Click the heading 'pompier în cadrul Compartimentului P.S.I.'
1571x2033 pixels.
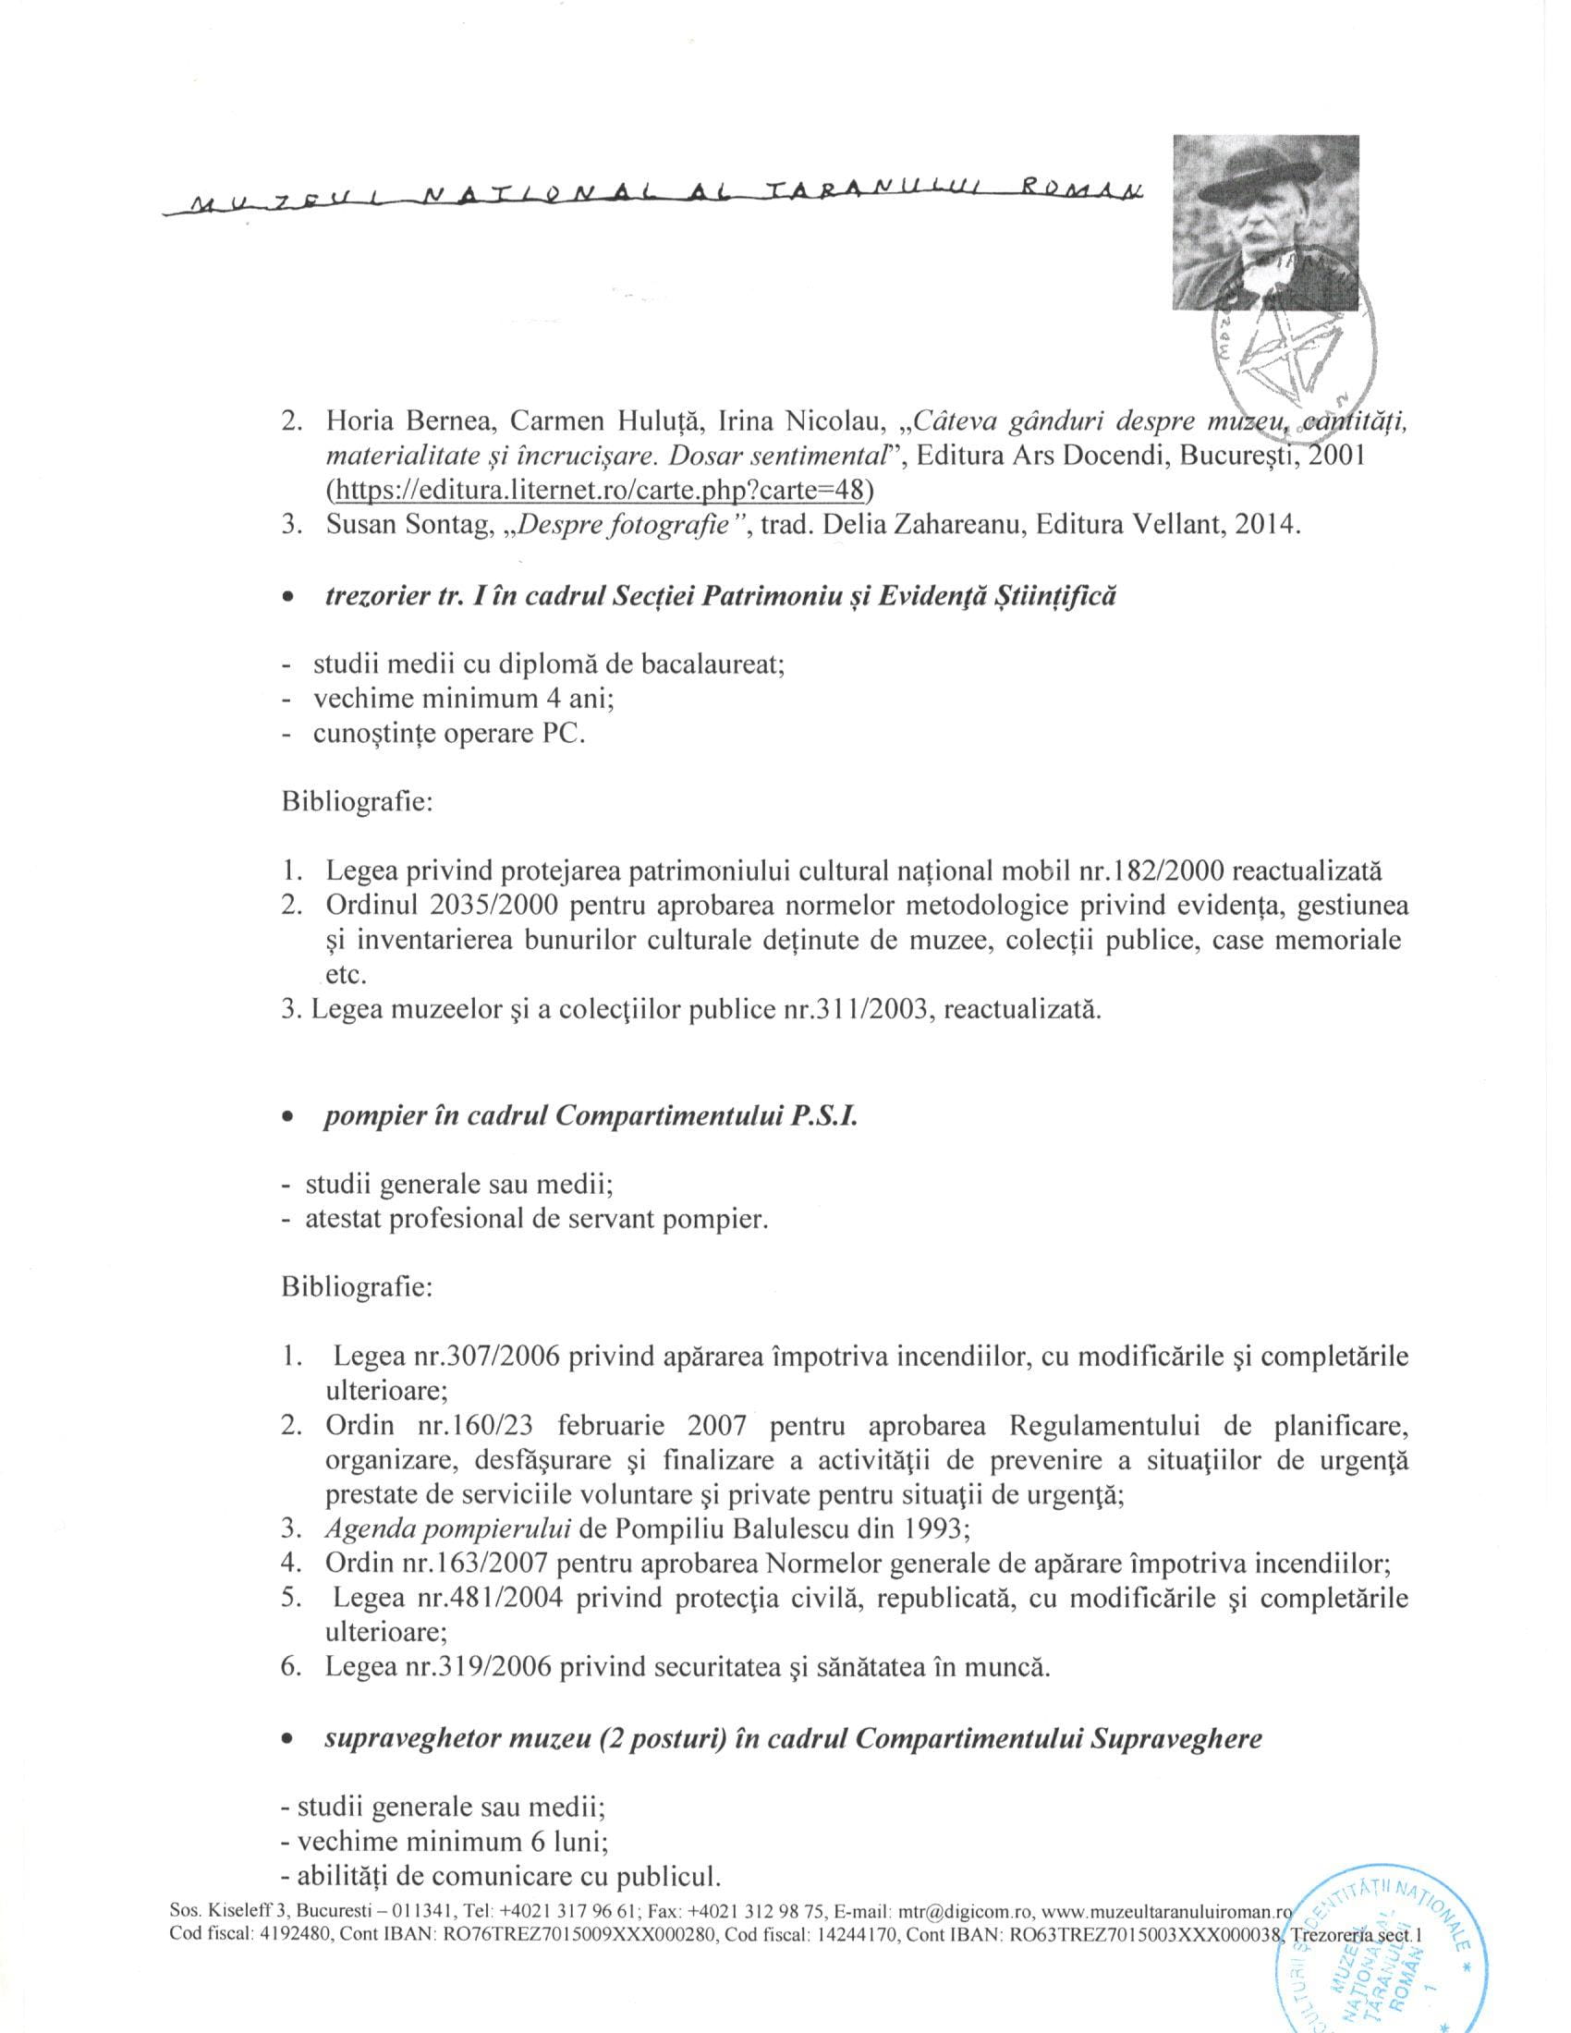591,1116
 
